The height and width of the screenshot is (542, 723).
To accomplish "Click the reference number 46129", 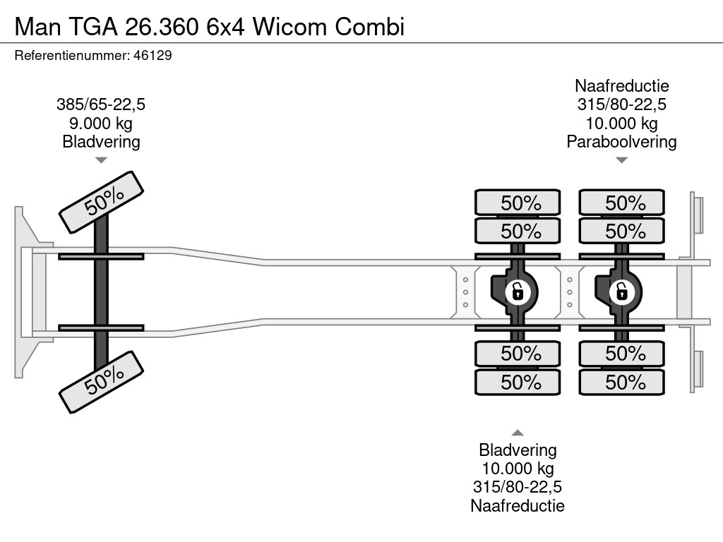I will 153,56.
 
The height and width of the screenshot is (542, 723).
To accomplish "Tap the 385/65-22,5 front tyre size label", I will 101,105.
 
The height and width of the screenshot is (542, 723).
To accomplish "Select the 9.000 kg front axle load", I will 101,124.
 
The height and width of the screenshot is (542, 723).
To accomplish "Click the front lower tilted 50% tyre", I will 102,381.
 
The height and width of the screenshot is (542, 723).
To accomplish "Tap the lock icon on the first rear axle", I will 518,291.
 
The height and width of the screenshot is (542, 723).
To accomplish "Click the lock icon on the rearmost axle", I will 621,291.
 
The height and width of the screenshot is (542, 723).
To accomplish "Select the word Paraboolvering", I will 621,142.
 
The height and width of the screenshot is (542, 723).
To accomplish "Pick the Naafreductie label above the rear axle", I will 621,86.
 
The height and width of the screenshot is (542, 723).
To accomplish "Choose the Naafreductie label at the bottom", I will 518,505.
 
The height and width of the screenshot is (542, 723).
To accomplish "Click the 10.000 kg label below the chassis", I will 518,469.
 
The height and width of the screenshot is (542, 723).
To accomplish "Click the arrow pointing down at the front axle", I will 101,160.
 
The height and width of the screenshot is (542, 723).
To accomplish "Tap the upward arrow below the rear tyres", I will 518,433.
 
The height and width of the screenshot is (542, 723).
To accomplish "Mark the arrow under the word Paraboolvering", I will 621,160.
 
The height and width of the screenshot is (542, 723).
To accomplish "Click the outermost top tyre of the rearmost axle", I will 621,203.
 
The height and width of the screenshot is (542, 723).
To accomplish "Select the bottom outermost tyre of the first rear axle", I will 518,383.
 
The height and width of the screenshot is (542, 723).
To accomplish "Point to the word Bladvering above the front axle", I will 101,142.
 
